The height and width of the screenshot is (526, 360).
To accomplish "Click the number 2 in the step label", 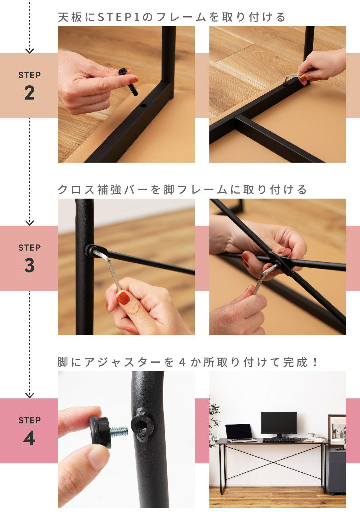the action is click(x=30, y=93).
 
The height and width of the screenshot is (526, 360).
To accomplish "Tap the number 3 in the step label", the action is click(x=30, y=266).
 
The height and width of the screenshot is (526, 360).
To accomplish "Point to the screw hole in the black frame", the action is click(x=143, y=106).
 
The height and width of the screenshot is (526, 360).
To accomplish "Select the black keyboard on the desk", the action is click(x=279, y=440).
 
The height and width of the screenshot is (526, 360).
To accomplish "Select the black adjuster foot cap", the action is click(x=100, y=432).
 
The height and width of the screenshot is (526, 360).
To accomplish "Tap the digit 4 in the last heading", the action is click(x=182, y=362).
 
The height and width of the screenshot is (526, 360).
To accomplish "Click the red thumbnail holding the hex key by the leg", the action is click(x=123, y=298).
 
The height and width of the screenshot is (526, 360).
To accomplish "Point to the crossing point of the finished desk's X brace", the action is click(x=272, y=462).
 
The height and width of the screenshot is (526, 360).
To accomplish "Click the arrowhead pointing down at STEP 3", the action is click(x=30, y=223).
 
